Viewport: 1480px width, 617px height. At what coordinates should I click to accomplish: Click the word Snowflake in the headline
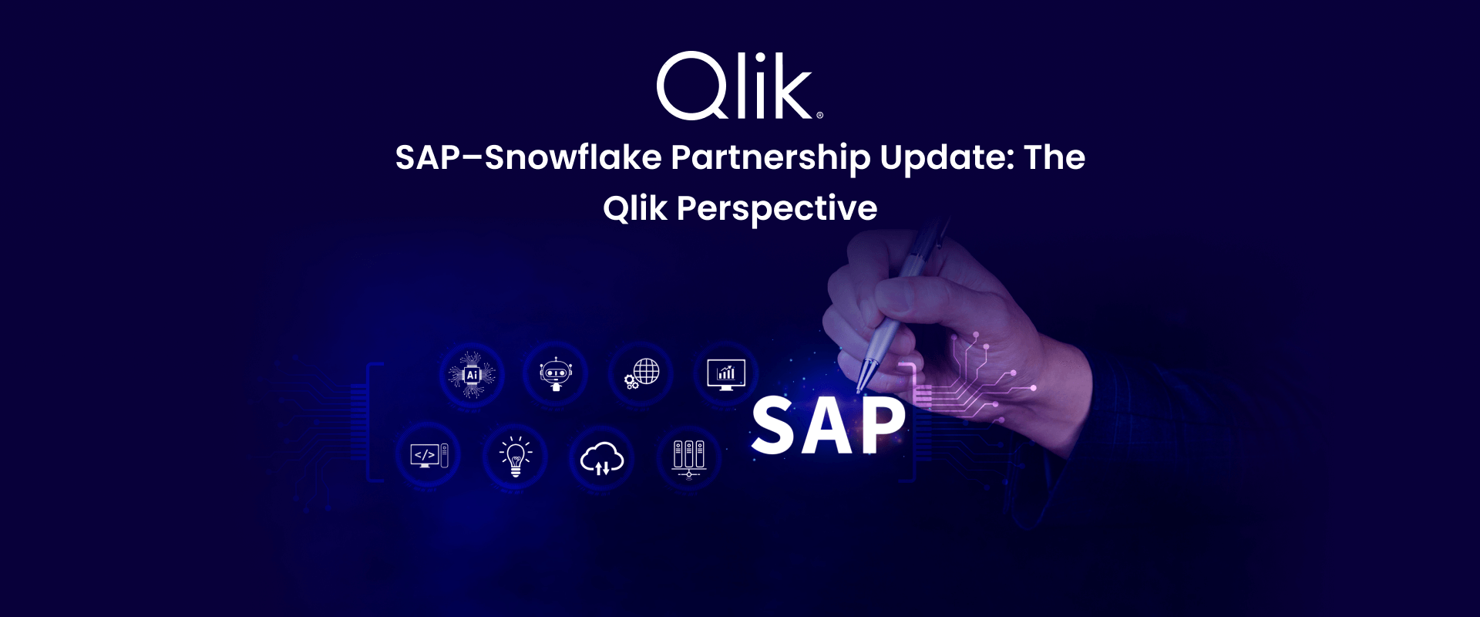tap(573, 157)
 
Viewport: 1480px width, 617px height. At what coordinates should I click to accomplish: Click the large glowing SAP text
tap(829, 425)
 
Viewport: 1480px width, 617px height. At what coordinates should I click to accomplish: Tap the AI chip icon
tap(472, 375)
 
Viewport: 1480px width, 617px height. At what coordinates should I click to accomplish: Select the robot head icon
tap(556, 374)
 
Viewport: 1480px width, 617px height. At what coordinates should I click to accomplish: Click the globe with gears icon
tap(642, 374)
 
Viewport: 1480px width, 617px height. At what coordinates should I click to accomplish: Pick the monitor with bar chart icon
tap(726, 375)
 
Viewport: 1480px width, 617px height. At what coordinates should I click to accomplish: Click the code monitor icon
tap(429, 456)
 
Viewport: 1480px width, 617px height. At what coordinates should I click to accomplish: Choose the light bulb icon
tap(515, 457)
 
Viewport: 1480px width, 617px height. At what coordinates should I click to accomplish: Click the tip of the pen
tap(859, 390)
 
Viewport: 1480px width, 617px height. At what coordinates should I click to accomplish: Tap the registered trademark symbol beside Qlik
tap(819, 115)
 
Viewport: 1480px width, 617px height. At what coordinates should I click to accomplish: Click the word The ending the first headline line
tap(1054, 157)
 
